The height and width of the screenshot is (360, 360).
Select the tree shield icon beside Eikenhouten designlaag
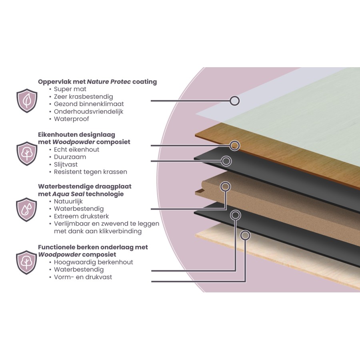tap(26, 154)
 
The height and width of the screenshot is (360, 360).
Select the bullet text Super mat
tap(70, 89)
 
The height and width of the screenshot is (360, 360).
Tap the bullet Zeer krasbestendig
tap(83, 96)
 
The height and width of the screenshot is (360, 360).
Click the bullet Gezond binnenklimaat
tap(88, 104)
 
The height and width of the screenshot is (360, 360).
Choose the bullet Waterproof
tap(71, 119)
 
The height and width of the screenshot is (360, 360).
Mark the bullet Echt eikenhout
tap(76, 150)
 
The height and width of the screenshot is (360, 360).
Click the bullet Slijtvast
tap(66, 164)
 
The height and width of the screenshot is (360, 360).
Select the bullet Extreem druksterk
tap(82, 216)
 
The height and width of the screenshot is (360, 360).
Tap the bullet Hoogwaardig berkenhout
tap(93, 262)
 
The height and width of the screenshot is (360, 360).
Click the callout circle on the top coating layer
tap(235, 101)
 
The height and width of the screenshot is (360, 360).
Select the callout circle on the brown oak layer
tap(235, 146)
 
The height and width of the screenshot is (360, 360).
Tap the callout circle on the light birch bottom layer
tap(244, 235)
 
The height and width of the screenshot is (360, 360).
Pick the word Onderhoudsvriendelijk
tap(88, 111)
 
